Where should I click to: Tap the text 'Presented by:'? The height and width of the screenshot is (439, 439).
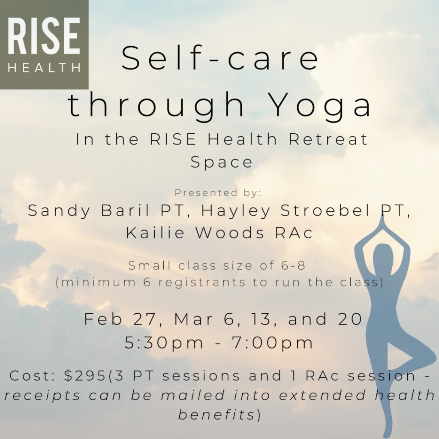pyautogui.click(x=218, y=193)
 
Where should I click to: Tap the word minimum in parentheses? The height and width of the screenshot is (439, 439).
pyautogui.click(x=98, y=282)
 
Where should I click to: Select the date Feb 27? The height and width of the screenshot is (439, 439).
pyautogui.click(x=120, y=319)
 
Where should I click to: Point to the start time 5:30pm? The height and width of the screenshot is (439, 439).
pyautogui.click(x=164, y=343)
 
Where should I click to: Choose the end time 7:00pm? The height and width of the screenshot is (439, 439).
pyautogui.click(x=274, y=343)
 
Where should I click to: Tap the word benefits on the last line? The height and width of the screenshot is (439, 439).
pyautogui.click(x=216, y=415)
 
